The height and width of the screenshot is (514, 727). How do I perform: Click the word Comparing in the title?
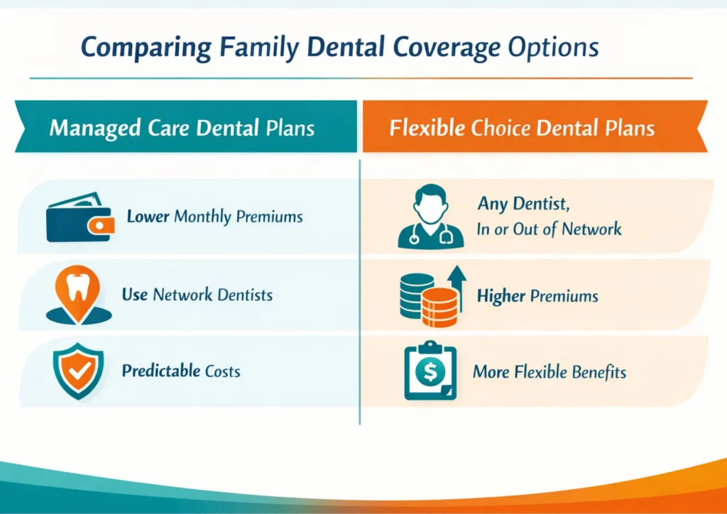(x=145, y=47)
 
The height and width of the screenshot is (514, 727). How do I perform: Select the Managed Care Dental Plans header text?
(x=182, y=129)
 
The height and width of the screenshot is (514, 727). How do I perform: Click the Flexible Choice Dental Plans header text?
(x=522, y=129)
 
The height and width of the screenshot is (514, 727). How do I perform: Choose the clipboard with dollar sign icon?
(x=430, y=371)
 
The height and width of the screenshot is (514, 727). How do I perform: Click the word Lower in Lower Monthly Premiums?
(x=148, y=217)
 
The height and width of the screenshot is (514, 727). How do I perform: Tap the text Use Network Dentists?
(x=197, y=295)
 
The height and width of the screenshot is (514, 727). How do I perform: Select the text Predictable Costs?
(x=180, y=371)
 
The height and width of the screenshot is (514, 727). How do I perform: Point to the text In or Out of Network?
(x=549, y=229)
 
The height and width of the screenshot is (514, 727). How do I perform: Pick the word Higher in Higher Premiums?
(x=501, y=295)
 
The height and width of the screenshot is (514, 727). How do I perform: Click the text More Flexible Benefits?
(x=549, y=371)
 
